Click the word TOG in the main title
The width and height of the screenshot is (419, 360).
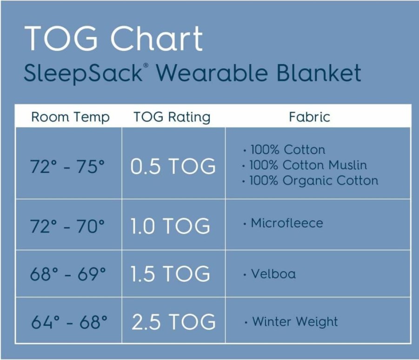[61, 38]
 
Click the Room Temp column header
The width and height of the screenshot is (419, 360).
[70, 117]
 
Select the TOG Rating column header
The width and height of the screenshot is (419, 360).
[172, 117]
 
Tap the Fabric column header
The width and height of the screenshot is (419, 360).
[309, 117]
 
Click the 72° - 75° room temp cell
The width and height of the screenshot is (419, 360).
[67, 166]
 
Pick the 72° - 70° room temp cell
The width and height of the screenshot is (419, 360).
[67, 226]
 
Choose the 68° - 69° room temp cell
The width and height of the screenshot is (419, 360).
[68, 274]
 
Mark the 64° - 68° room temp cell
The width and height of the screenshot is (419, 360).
[69, 321]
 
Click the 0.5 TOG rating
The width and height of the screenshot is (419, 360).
[173, 166]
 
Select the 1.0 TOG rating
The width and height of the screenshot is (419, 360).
[170, 226]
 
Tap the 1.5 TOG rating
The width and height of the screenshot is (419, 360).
[170, 274]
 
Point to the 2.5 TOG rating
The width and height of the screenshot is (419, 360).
[173, 321]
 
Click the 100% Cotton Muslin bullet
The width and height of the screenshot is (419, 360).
[305, 165]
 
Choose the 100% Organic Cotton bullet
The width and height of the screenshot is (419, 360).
[310, 181]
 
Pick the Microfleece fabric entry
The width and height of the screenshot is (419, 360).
[283, 223]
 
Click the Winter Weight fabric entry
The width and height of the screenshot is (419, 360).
[291, 321]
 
